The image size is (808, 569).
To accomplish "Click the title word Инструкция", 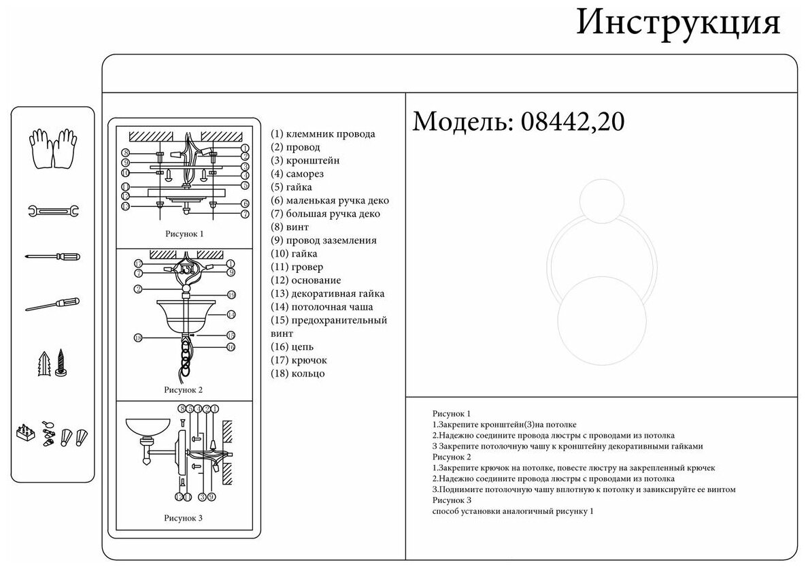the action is [x=678, y=24].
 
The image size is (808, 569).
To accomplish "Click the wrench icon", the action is [x=53, y=210].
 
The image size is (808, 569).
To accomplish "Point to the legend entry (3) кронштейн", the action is [x=305, y=161].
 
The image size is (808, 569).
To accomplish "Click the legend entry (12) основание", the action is [x=306, y=280].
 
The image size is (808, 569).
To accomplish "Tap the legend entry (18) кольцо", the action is [x=298, y=374].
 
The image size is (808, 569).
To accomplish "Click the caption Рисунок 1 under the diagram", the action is [x=184, y=233].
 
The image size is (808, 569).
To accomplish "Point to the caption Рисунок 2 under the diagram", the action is [x=184, y=390].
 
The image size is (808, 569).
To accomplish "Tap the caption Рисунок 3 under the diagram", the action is [x=184, y=518].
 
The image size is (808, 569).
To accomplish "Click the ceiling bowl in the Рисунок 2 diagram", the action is [x=185, y=313].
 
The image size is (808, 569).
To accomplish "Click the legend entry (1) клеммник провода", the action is [x=322, y=134].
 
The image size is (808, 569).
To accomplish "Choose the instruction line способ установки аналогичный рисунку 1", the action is [x=513, y=511].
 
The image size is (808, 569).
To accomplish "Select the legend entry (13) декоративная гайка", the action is [x=327, y=294].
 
